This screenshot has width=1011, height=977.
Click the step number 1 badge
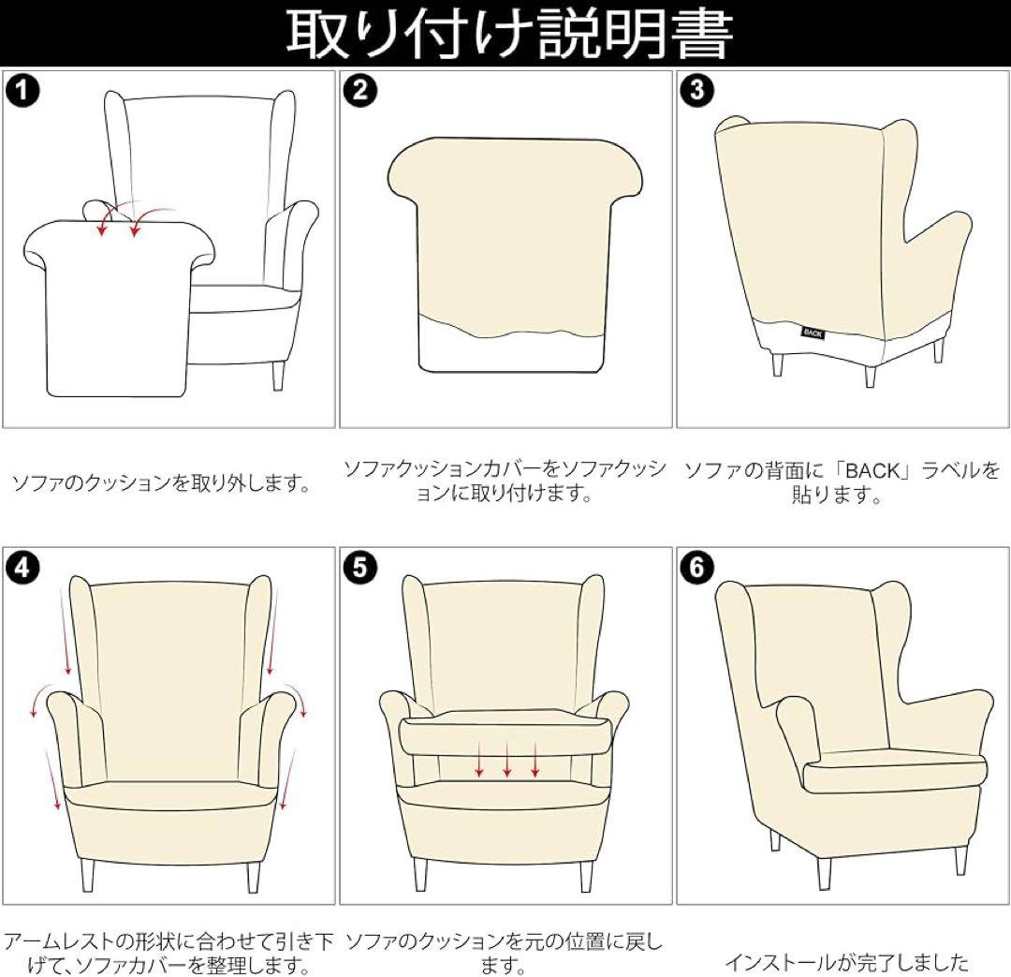22,90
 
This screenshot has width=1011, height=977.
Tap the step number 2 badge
359,90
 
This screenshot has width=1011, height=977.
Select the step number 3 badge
697,90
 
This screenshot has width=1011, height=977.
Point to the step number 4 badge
22,568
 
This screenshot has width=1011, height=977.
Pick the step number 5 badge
359,568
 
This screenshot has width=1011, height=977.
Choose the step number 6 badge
697,568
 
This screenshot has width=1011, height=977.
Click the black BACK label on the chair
813,333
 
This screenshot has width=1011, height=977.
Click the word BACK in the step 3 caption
872,471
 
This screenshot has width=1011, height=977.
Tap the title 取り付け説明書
509,34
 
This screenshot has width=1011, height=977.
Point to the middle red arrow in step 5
507,759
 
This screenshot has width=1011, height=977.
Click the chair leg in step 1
278,375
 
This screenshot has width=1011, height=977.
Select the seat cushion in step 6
896,773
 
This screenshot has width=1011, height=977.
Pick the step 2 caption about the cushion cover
505,481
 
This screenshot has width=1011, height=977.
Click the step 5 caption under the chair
505,953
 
